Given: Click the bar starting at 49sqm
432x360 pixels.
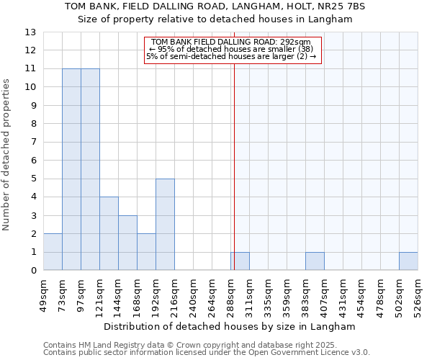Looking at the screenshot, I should [x=53, y=252].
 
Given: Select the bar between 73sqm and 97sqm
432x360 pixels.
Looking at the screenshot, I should [x=71, y=169].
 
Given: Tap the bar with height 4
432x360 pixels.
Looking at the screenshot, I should [x=109, y=233].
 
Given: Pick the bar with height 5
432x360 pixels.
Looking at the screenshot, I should [x=165, y=225].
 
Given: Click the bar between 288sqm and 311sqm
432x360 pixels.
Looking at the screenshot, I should [x=240, y=261].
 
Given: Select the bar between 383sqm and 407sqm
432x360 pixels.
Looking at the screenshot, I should [x=315, y=261].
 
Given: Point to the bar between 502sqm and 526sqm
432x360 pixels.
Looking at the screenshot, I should [x=408, y=261].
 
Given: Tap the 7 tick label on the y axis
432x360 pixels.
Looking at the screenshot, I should [x=33, y=142].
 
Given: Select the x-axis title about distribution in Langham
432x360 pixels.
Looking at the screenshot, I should [x=230, y=326].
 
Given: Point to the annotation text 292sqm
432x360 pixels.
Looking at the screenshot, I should [x=232, y=42].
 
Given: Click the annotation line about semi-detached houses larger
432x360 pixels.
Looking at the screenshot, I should [x=232, y=56].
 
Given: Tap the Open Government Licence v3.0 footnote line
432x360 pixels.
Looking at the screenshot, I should [x=207, y=353].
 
